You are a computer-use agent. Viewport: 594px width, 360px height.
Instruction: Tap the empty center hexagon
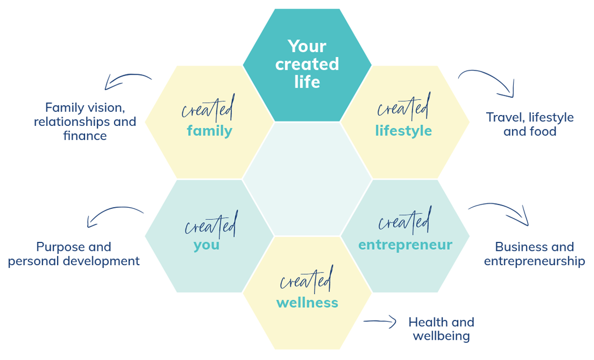tap(307, 179)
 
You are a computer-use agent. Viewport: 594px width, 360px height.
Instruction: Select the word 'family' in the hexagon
tap(209, 131)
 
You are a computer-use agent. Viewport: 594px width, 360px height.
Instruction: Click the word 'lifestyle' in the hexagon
tap(403, 131)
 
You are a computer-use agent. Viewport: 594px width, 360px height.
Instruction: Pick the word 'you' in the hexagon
tap(207, 245)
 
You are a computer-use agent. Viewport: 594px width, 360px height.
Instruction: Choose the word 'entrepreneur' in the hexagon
tap(405, 244)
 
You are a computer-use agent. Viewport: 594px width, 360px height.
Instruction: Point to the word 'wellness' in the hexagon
tap(307, 303)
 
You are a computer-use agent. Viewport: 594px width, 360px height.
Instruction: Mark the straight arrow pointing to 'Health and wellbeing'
tap(379, 322)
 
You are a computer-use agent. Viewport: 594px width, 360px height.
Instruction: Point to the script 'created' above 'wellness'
tap(306, 280)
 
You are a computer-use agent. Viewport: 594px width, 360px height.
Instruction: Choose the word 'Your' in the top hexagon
tap(307, 47)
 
